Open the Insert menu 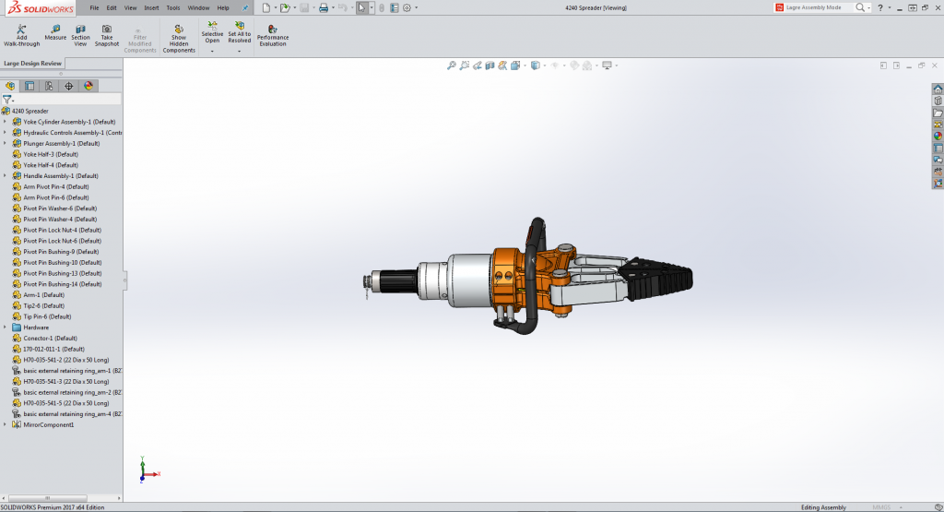click(x=151, y=7)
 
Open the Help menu click(x=223, y=7)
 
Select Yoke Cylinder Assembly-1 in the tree click(x=69, y=122)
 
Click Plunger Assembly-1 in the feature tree click(x=61, y=144)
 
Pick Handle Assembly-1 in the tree click(x=60, y=176)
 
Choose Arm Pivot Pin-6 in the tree click(x=55, y=197)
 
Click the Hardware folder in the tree click(x=36, y=327)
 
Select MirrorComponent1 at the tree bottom click(x=48, y=424)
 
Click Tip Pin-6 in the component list click(x=47, y=316)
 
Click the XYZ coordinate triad click(x=144, y=470)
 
